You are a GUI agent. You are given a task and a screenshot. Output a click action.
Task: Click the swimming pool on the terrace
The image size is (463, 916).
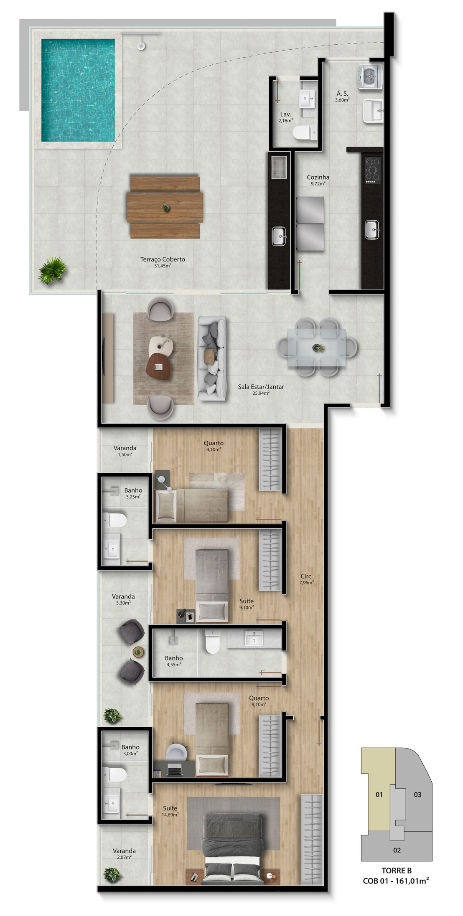point(78,90)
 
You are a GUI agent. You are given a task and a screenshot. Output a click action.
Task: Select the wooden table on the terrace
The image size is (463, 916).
point(165,207)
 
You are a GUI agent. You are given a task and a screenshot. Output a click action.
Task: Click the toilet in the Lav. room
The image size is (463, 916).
point(305,133)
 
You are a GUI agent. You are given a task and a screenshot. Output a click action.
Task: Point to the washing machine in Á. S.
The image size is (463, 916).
point(370,76)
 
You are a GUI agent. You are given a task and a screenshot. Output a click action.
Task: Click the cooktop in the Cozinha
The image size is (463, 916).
point(373,170)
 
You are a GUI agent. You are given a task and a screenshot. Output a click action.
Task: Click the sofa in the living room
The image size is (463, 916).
point(212,358)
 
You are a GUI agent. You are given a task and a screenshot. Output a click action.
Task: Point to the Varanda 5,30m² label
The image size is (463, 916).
point(123,599)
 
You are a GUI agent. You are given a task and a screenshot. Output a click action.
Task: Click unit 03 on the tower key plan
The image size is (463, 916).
point(417,794)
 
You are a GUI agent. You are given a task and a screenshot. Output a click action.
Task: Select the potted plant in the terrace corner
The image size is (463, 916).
point(52,270)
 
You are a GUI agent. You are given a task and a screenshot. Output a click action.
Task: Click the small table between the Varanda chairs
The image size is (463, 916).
point(138,651)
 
